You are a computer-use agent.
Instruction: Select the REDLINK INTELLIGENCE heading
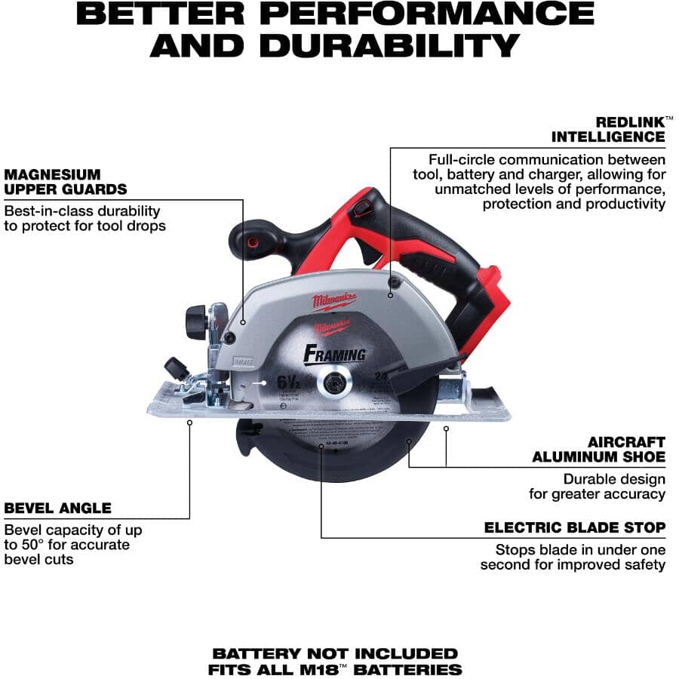pos(608,129)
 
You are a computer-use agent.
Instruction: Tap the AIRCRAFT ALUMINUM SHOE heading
pos(599,450)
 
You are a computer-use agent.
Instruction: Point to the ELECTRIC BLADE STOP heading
pos(575,527)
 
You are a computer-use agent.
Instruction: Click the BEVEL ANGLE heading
pos(57,508)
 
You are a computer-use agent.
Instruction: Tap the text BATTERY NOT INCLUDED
pos(335,653)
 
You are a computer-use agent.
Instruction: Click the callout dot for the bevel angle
pos(189,422)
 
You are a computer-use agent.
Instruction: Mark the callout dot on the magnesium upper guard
pos(244,321)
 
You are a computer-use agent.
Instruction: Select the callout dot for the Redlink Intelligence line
pos(390,295)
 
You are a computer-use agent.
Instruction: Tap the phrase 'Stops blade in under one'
pos(580,550)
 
